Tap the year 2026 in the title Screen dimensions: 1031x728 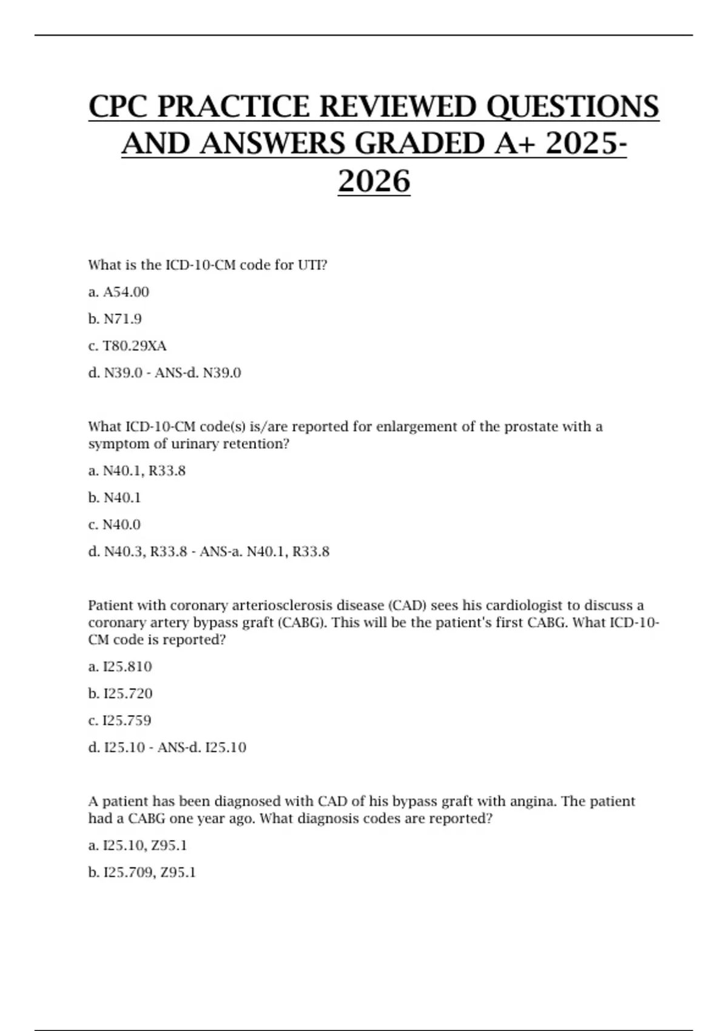374,181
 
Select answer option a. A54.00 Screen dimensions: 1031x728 118,292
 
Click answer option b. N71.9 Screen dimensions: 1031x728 115,319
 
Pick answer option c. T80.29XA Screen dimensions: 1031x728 127,346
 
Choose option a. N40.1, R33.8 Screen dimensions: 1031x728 136,471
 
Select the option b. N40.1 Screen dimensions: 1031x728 114,498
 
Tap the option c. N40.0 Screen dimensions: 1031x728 114,525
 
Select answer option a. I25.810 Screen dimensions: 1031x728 120,667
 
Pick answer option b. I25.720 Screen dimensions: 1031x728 120,694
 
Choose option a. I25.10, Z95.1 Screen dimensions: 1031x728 137,845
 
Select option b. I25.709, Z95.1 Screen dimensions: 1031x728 141,873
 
